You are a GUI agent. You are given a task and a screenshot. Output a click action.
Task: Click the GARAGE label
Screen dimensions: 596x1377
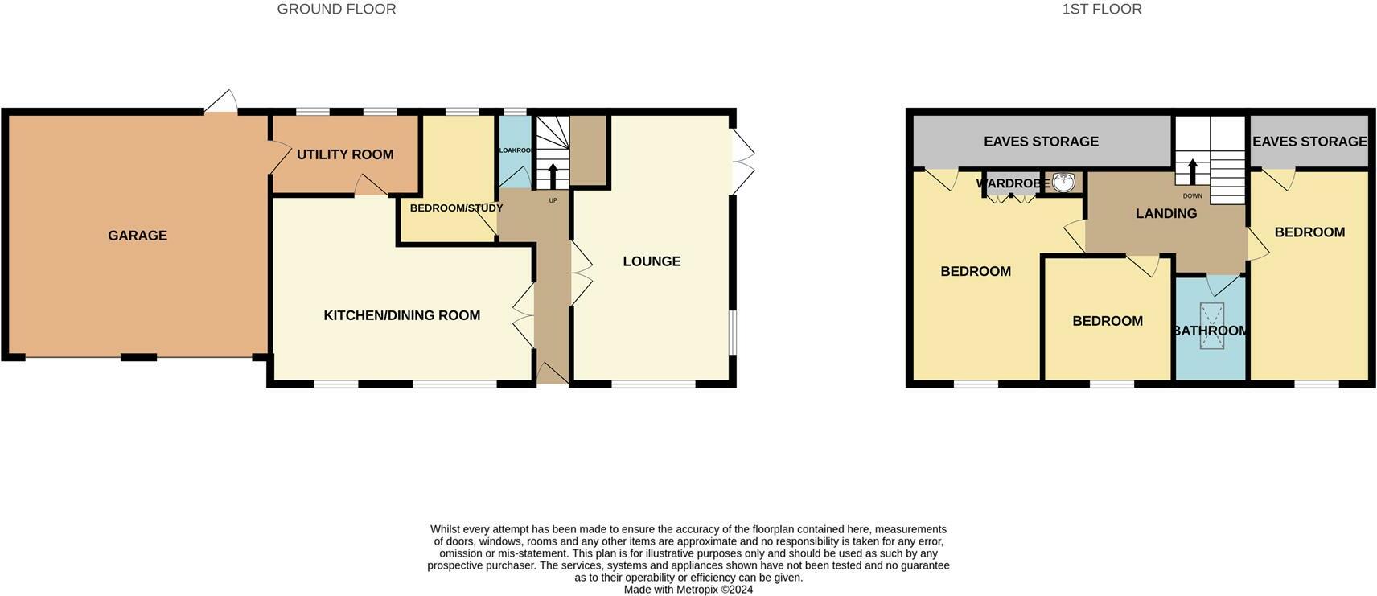point(138,236)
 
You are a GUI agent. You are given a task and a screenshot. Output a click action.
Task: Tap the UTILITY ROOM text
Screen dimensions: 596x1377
point(345,154)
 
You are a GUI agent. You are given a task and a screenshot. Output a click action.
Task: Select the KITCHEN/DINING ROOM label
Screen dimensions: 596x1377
point(401,315)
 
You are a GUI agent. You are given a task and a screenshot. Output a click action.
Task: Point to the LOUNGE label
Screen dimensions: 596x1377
point(652,261)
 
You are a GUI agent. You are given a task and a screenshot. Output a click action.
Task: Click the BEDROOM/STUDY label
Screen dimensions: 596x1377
point(456,208)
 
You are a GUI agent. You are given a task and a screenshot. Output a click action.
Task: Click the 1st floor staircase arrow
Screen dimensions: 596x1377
point(1192,171)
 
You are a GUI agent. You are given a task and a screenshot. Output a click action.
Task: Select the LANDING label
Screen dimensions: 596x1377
point(1165,213)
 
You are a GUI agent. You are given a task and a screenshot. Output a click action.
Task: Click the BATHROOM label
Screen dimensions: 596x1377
point(1210,331)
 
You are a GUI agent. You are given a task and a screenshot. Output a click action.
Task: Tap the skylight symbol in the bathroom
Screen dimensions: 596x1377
point(1211,326)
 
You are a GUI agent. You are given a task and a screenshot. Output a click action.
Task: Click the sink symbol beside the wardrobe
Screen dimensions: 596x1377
point(1063,183)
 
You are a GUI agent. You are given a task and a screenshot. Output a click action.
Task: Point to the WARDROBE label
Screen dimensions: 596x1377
point(1012,183)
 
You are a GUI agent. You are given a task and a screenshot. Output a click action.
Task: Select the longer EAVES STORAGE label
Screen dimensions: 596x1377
point(1041,142)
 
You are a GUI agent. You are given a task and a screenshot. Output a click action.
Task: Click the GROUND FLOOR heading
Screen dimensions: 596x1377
point(336,10)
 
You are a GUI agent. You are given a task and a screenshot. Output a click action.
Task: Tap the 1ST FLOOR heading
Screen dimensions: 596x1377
point(1101,10)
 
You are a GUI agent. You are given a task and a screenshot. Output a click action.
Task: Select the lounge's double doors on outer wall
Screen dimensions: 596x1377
point(742,162)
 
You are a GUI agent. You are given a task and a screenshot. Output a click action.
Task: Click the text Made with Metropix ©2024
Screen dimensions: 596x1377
point(688,590)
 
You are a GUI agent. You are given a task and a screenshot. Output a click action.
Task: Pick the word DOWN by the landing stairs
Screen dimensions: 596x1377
point(1192,196)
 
